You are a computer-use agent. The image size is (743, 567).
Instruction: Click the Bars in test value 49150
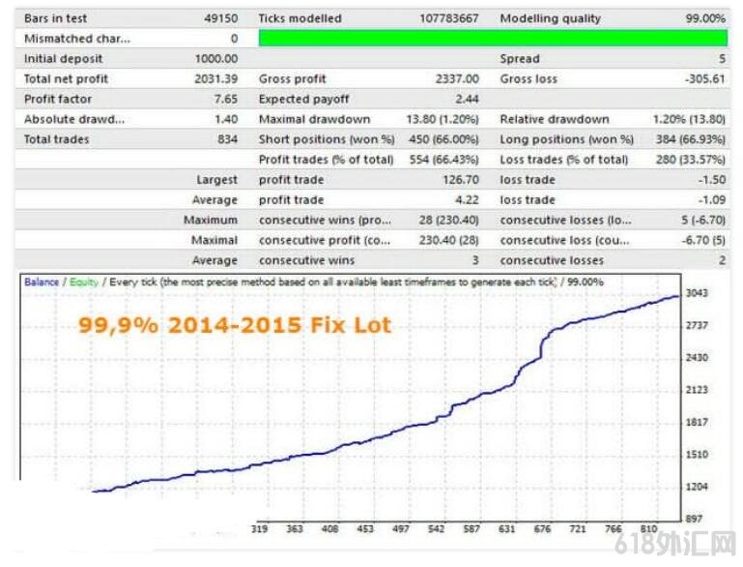220,18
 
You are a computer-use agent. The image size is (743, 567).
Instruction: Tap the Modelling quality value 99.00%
705,18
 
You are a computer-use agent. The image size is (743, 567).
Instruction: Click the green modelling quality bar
493,39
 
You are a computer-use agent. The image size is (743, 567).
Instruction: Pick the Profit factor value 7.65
224,100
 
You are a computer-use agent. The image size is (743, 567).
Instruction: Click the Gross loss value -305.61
703,79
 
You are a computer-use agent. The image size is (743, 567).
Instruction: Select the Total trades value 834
227,139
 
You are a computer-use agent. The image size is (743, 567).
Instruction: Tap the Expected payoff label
304,100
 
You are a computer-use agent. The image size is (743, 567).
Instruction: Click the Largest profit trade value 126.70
461,180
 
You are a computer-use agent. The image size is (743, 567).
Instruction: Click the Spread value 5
721,59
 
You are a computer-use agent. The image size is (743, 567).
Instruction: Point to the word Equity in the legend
81,282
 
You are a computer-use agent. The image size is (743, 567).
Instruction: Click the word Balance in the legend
42,282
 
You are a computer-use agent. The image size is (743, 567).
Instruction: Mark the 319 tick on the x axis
259,529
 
